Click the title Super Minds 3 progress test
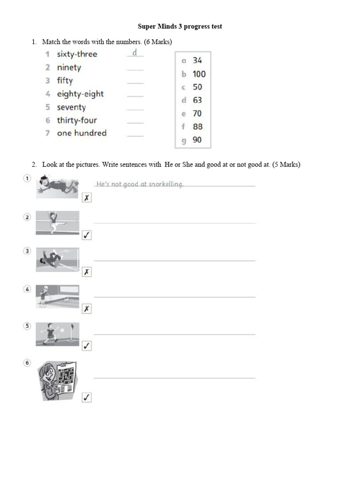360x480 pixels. (180, 26)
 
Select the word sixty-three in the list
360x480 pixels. (77, 54)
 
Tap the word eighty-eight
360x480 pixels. (80, 94)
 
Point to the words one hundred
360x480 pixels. (82, 133)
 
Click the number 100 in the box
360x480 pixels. (199, 74)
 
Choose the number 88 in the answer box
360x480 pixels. (197, 127)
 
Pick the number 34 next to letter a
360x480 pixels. (197, 60)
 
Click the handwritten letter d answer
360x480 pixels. (135, 52)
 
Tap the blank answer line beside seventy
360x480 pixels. (135, 109)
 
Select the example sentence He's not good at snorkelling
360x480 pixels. (139, 184)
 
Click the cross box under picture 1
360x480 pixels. (86, 198)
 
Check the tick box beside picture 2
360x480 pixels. (86, 235)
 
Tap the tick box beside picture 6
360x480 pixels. (86, 397)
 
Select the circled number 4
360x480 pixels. (28, 289)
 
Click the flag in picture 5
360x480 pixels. (72, 327)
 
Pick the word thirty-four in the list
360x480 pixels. (77, 120)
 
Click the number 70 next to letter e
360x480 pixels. (197, 113)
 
